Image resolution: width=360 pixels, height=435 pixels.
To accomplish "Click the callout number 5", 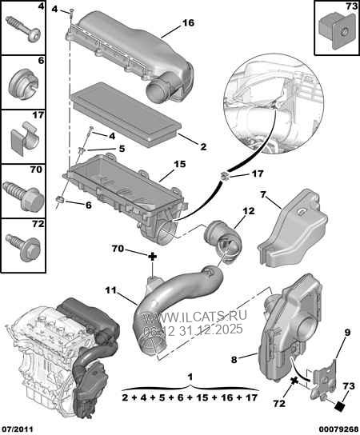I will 122,148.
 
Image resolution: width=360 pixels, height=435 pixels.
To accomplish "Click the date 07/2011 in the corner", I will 17,428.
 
